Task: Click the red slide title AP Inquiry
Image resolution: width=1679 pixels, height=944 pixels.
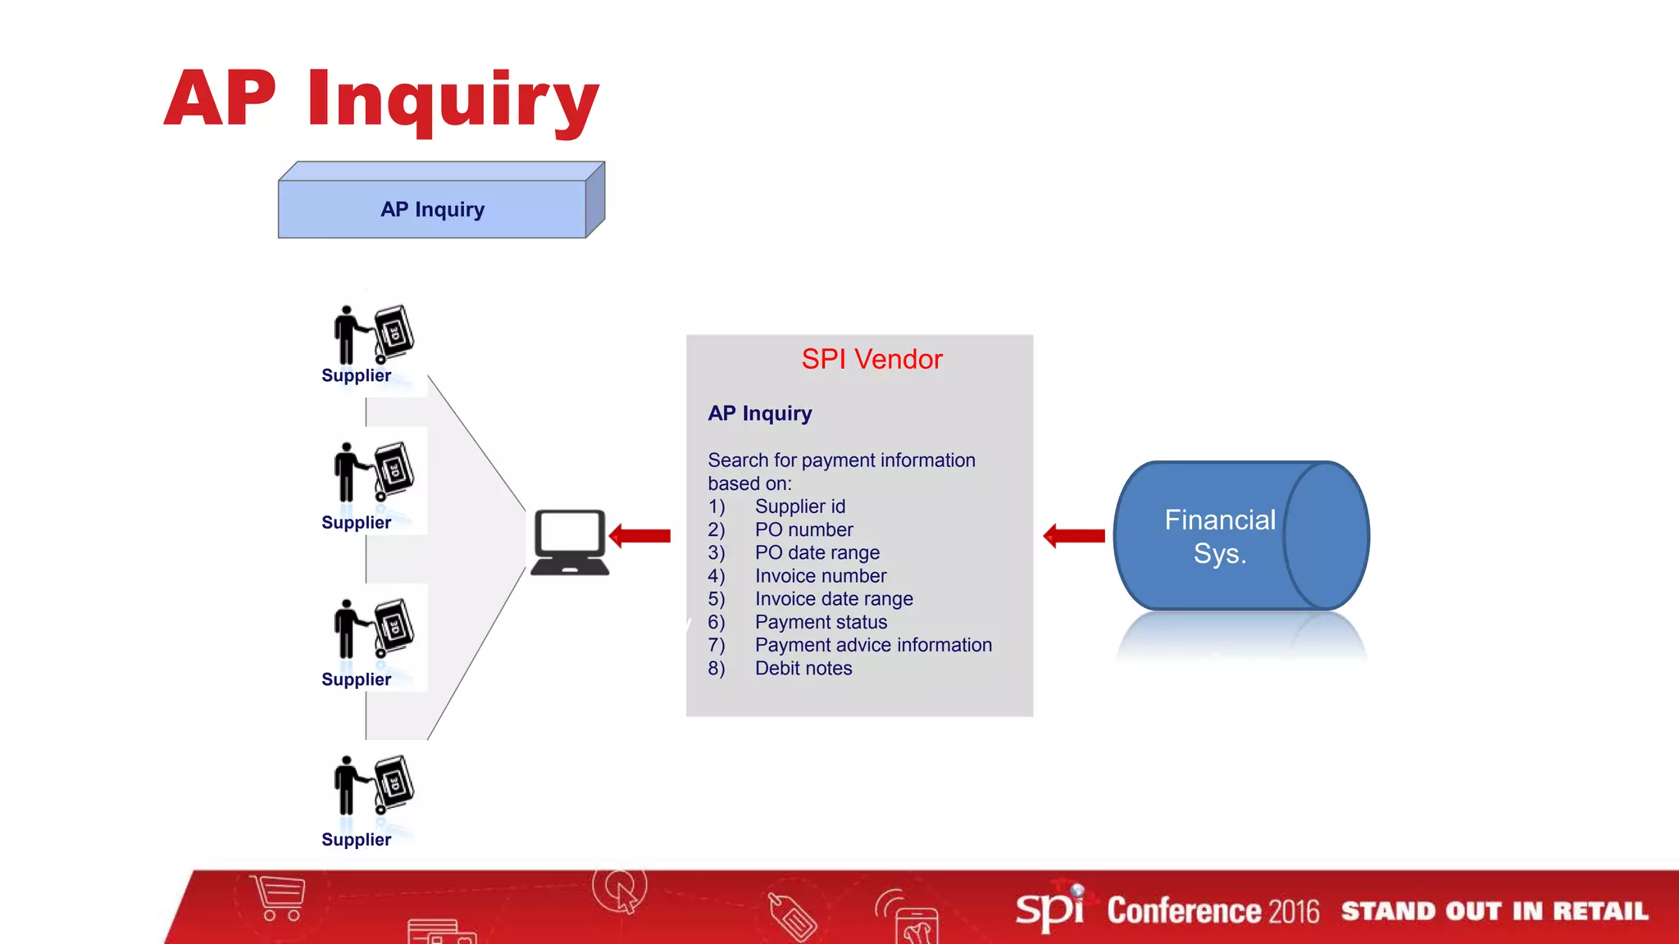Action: (x=382, y=100)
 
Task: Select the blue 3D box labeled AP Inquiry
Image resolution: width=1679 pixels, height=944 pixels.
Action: (x=433, y=209)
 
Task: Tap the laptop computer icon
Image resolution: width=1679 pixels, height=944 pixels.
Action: (x=570, y=542)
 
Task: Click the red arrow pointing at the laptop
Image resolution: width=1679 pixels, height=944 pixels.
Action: (x=640, y=536)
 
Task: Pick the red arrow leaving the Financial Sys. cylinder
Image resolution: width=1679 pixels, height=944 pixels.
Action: (x=1074, y=536)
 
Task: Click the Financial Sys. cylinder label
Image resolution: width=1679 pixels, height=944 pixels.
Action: (x=1219, y=537)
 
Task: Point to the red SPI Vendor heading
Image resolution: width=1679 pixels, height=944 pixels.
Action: (x=871, y=359)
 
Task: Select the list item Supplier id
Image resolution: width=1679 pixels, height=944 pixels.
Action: (x=799, y=506)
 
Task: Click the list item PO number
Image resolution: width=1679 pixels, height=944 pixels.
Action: (x=803, y=529)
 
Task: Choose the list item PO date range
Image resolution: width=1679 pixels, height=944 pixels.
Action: (x=817, y=552)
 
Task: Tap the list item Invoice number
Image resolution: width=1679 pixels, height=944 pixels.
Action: (x=820, y=576)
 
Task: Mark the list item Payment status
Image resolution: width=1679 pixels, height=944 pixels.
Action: (x=821, y=622)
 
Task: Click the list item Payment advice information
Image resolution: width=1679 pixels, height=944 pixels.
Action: (x=873, y=645)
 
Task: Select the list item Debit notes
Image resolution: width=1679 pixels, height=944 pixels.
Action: (x=803, y=668)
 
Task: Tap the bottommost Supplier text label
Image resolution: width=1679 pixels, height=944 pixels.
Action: (x=356, y=839)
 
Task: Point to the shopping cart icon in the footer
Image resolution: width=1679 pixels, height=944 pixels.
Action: (x=280, y=897)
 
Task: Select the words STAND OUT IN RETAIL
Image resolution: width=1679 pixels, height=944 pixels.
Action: (x=1494, y=911)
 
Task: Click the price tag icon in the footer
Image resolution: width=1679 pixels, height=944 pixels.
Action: (x=792, y=915)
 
